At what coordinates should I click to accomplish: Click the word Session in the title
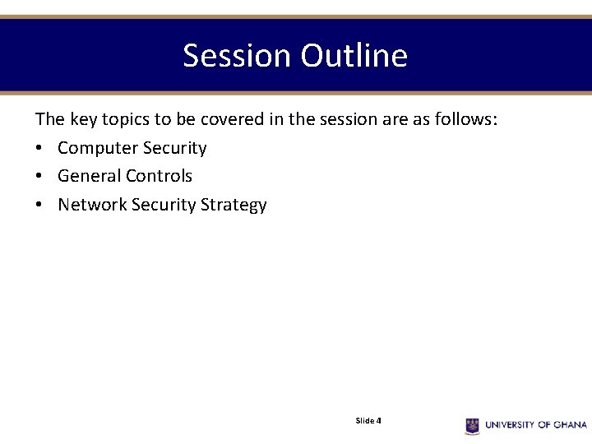237,56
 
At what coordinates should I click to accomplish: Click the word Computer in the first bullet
98,148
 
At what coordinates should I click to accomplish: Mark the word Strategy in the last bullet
234,205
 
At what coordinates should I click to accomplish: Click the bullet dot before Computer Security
39,149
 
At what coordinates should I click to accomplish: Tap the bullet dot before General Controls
39,177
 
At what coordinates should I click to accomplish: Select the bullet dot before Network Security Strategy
39,206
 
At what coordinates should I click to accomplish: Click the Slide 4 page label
368,421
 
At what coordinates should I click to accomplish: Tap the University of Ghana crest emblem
472,425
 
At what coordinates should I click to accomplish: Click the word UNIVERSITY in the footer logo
510,425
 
